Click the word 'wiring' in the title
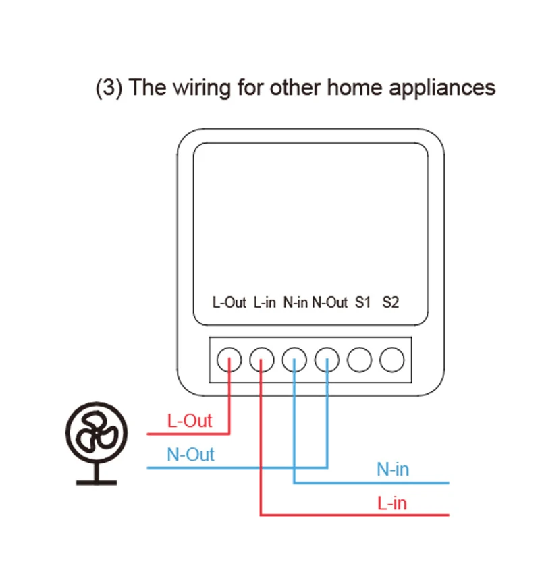[202, 88]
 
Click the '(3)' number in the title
[109, 88]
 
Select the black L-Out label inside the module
[230, 302]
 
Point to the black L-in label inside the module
[265, 302]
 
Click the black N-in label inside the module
[296, 302]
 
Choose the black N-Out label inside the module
[330, 302]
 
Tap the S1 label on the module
[362, 302]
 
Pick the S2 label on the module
[390, 302]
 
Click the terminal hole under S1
[359, 360]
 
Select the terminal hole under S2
[392, 360]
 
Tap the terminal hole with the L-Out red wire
[230, 360]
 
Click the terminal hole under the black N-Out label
[327, 360]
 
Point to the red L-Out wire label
[189, 421]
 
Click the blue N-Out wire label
[190, 455]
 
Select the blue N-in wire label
[393, 470]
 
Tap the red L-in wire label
[392, 503]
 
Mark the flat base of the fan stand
[97, 482]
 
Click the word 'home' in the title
[354, 88]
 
